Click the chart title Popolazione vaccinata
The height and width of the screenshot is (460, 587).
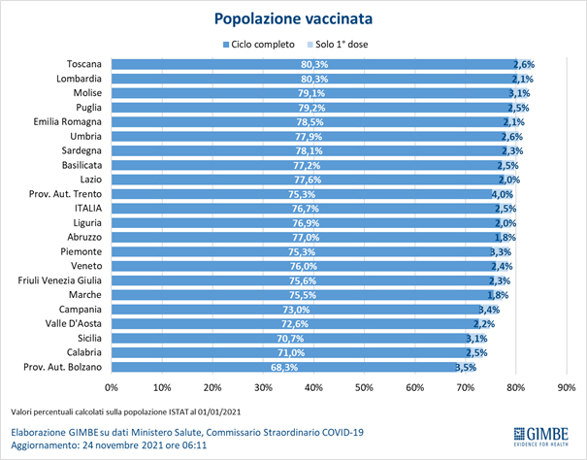pyautogui.click(x=293, y=18)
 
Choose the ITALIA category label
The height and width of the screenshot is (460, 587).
pyautogui.click(x=87, y=209)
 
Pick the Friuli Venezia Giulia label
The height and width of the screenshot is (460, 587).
pyautogui.click(x=59, y=280)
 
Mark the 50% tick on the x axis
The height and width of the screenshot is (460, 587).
pyautogui.click(x=364, y=387)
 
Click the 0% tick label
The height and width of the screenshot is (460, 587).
pyautogui.click(x=112, y=387)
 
